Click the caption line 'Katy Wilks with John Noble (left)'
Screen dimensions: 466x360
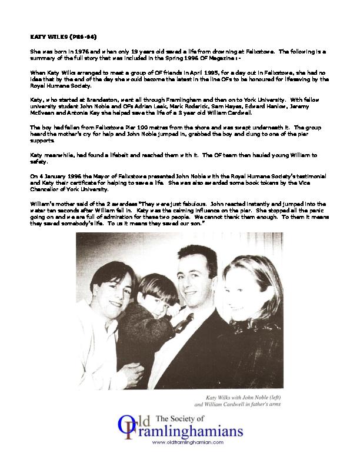[241, 398]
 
